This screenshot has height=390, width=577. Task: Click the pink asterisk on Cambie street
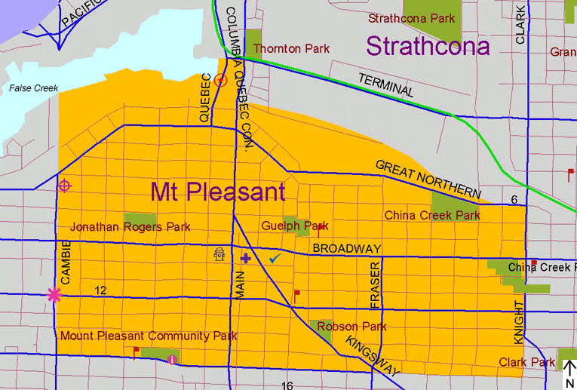click(x=54, y=295)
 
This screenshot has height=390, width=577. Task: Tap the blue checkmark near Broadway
click(x=275, y=259)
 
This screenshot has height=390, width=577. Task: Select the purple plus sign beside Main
click(x=245, y=259)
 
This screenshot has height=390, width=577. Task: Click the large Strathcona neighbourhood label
click(x=428, y=46)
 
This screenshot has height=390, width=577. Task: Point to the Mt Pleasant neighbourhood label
click(x=218, y=192)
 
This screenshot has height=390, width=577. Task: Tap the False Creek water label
click(x=33, y=89)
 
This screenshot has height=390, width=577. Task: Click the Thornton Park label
click(x=292, y=49)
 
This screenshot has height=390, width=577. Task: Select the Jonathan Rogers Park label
click(x=130, y=227)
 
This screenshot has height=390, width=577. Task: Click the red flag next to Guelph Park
click(x=321, y=229)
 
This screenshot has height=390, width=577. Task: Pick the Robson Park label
click(x=351, y=327)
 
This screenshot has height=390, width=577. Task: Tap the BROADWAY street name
click(x=347, y=249)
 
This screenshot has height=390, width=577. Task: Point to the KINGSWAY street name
click(x=372, y=357)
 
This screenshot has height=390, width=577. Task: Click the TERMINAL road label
click(x=385, y=84)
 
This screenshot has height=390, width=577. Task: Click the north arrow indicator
click(x=570, y=373)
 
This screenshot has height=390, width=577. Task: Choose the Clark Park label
click(x=526, y=363)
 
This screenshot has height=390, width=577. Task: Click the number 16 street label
click(x=287, y=385)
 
